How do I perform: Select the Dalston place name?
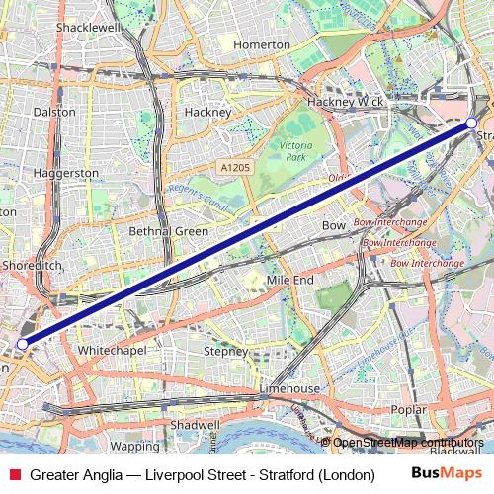click(54, 112)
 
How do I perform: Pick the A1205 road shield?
click(236, 168)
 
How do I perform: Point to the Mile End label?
click(290, 281)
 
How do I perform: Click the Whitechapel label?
click(112, 350)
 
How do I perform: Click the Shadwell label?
click(195, 424)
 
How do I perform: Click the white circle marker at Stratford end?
click(470, 124)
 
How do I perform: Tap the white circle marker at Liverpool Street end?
click(22, 343)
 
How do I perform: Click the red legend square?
click(13, 475)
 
